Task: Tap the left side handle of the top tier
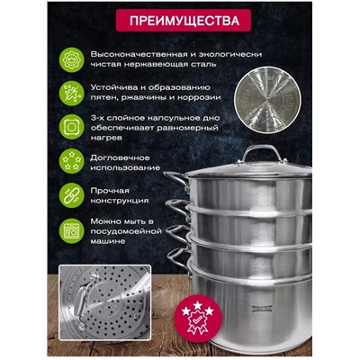point(175,182)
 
